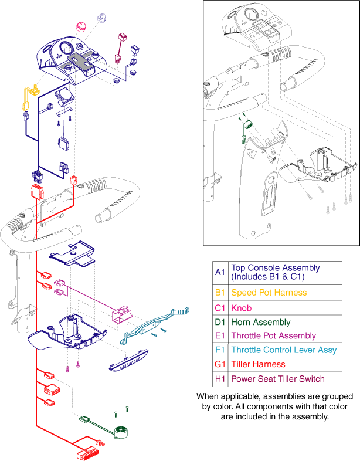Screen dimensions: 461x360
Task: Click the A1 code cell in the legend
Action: pyautogui.click(x=220, y=272)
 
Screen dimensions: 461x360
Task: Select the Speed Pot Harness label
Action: pyautogui.click(x=269, y=292)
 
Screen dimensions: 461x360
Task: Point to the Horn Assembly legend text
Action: pyautogui.click(x=260, y=322)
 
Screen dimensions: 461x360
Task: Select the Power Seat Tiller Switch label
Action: pyautogui.click(x=277, y=378)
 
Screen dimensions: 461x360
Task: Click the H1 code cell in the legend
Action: pyautogui.click(x=220, y=378)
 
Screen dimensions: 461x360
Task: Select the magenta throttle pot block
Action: pyautogui.click(x=120, y=314)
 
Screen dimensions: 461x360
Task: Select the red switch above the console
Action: pyautogui.click(x=125, y=39)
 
